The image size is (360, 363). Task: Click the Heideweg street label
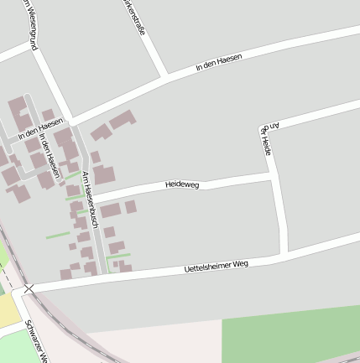coord(182,184)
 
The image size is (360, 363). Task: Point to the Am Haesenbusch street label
coord(91,201)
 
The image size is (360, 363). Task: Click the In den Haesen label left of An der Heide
coord(219,61)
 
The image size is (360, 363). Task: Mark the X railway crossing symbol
coord(29,288)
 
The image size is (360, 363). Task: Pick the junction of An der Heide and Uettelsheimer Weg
coord(284,251)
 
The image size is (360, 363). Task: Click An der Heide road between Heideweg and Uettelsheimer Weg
coord(279,214)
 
